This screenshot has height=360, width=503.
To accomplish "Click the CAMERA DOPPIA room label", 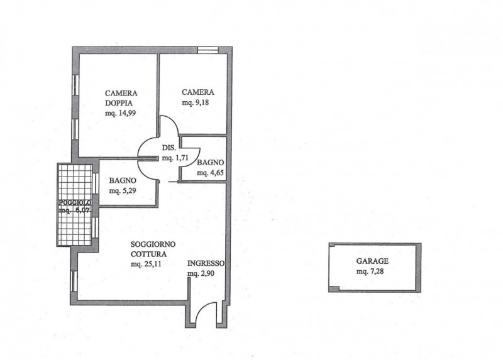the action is click(121, 98).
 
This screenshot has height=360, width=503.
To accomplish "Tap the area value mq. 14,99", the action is click(120, 113).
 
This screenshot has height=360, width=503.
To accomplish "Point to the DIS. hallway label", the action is click(169, 148).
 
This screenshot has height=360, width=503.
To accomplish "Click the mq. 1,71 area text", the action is click(175, 158).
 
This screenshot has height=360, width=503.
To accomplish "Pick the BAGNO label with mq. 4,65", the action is click(211, 163).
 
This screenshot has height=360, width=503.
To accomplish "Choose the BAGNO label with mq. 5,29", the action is click(123, 180).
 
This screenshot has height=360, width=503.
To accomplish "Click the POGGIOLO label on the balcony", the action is click(75, 202).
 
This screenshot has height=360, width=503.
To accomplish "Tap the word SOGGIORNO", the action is click(153, 244).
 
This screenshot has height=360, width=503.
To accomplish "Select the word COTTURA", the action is click(148, 254).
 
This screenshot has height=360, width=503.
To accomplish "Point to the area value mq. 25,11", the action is click(146, 265).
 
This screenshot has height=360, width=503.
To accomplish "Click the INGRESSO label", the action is click(206, 263).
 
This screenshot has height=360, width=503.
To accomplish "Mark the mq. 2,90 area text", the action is click(201, 273).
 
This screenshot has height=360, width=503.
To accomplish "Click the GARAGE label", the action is click(372, 261).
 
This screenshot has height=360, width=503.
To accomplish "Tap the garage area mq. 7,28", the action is click(370, 271).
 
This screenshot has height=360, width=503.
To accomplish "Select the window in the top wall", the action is click(207, 50).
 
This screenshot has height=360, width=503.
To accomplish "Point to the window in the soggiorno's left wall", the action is click(74, 281).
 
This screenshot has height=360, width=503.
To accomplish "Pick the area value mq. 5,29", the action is click(123, 191).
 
